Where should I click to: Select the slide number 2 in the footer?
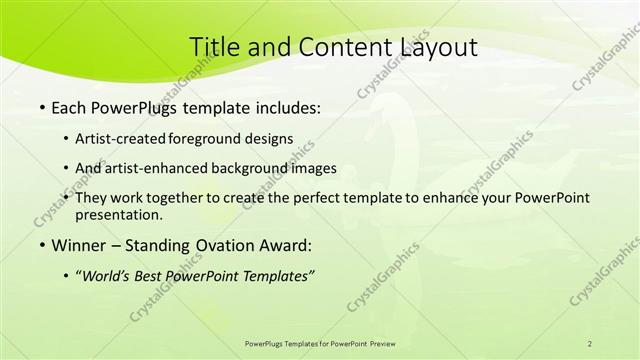590,343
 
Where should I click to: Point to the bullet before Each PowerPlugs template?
41,108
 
